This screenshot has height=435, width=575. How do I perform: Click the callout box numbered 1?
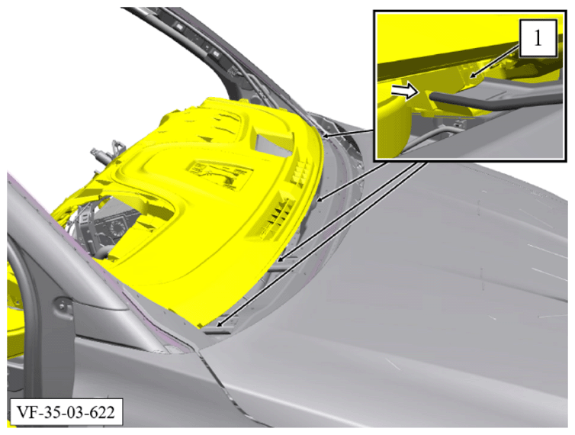pyautogui.click(x=538, y=38)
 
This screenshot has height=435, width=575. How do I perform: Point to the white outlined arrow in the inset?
pyautogui.click(x=405, y=91)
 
